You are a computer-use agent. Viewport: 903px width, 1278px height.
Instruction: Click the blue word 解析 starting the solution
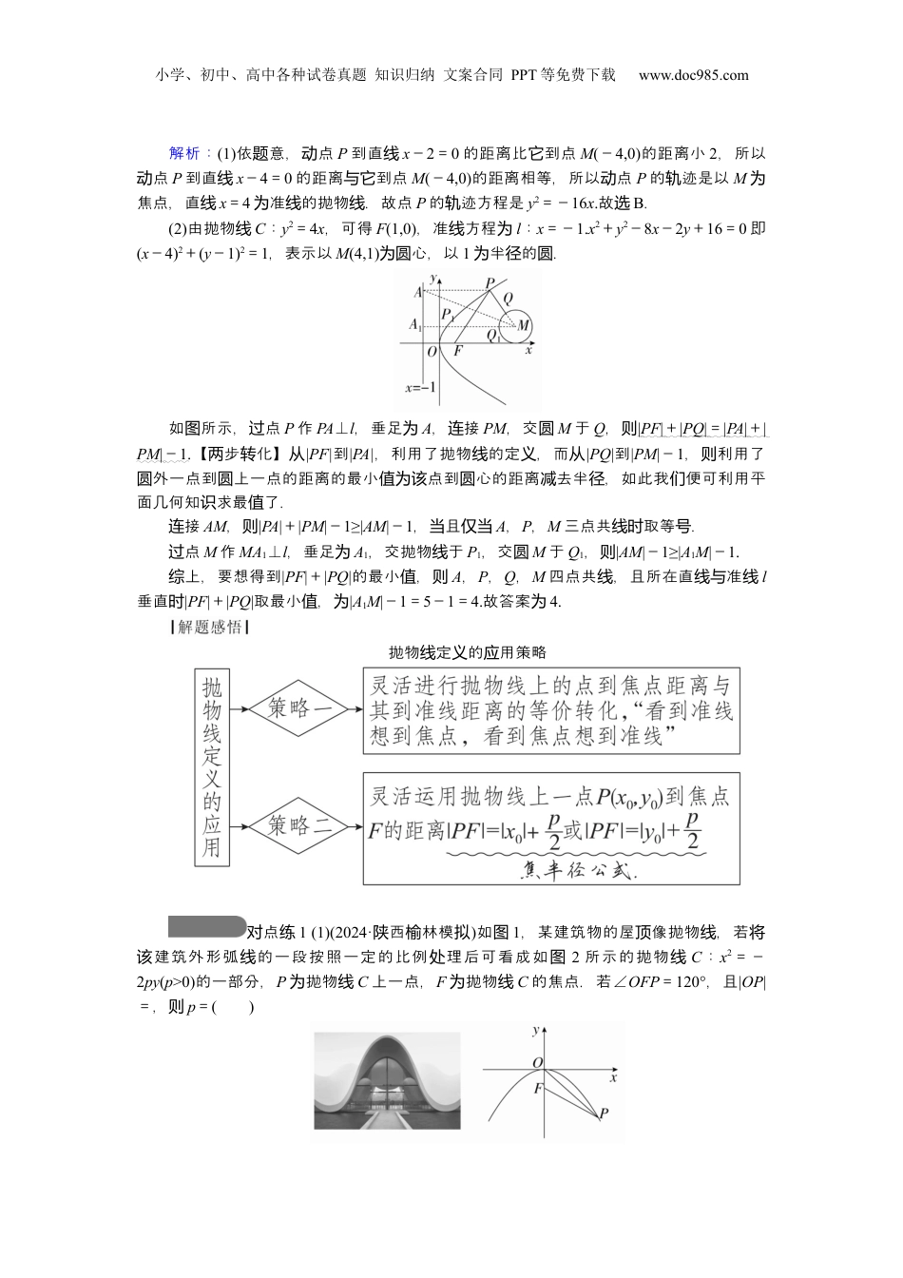click(x=183, y=153)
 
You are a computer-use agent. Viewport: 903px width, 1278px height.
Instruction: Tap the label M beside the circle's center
click(x=524, y=325)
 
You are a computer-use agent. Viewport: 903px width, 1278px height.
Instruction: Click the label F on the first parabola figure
click(x=458, y=351)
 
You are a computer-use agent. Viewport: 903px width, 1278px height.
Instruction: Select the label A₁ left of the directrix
click(x=414, y=325)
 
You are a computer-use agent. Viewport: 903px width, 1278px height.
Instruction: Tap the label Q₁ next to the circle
click(x=492, y=335)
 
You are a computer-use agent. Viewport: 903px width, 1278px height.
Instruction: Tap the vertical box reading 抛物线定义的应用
click(x=211, y=766)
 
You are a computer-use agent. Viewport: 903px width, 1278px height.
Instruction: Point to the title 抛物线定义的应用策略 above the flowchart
click(x=468, y=652)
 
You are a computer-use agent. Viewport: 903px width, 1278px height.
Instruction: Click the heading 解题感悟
click(x=206, y=627)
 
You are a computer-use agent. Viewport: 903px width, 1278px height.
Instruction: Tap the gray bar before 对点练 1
click(x=206, y=926)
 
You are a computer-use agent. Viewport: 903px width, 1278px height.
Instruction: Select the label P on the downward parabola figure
click(x=605, y=1113)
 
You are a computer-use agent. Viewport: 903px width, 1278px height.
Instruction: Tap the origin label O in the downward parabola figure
click(x=537, y=1063)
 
